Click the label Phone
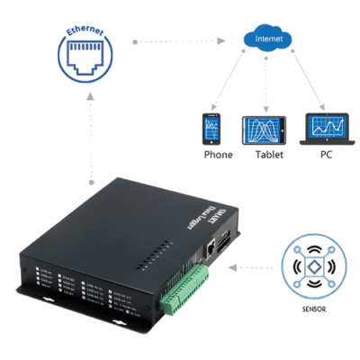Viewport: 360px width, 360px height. point(218,155)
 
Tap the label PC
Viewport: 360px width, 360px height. point(325,155)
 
